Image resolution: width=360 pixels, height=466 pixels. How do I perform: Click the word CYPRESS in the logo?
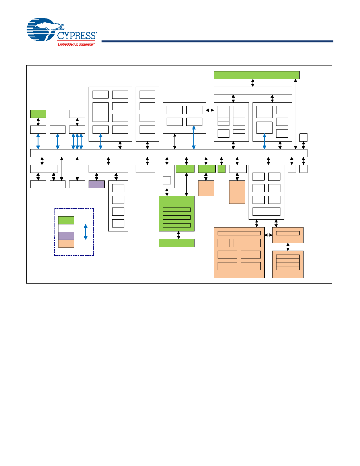tap(76, 36)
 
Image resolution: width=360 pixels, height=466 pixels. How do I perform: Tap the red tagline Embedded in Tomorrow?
tap(76, 44)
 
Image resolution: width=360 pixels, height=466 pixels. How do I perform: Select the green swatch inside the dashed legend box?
tap(66, 220)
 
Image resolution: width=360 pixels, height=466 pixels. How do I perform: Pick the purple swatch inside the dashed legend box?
tap(66, 236)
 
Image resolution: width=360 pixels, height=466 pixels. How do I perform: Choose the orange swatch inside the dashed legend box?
tap(66, 244)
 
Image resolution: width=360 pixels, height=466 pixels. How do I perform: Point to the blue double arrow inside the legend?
tap(86, 232)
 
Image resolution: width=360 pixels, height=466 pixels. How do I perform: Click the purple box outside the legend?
tap(96, 184)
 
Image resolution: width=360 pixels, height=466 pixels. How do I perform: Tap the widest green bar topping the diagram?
tap(256, 75)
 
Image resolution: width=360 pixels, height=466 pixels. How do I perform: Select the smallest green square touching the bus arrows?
tap(222, 169)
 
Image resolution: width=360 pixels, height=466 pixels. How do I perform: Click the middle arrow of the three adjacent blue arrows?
tap(77, 142)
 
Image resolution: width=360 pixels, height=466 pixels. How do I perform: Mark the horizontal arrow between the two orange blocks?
tap(269, 235)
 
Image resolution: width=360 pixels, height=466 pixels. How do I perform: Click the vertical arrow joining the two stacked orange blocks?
tap(288, 247)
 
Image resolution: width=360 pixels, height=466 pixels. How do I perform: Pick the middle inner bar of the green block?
tap(177, 217)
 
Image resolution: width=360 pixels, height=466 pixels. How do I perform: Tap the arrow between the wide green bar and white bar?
tap(253, 83)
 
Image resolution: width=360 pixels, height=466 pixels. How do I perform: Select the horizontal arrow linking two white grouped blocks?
tap(210, 110)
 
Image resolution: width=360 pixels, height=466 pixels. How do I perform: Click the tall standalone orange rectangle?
tap(237, 192)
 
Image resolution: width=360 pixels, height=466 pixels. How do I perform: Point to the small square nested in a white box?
tap(167, 180)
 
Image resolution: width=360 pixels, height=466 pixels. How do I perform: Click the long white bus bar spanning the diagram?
tap(169, 153)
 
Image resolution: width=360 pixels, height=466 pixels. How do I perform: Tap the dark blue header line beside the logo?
tap(217, 41)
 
